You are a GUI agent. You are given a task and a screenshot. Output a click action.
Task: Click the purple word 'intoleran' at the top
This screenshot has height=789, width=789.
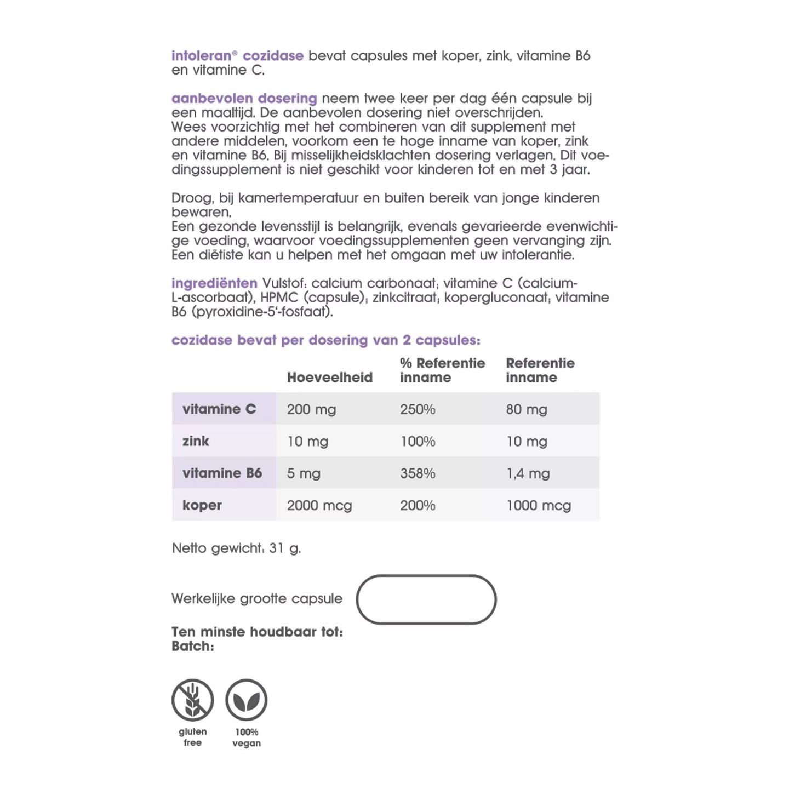click(x=201, y=56)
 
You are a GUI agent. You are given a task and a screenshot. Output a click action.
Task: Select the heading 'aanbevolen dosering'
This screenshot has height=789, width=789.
click(x=244, y=99)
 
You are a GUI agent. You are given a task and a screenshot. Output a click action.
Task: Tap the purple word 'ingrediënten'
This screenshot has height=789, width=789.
click(x=214, y=283)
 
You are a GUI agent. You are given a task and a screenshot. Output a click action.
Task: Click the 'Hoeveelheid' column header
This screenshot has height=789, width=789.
click(x=329, y=378)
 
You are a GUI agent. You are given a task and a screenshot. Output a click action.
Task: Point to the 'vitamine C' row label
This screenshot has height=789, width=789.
click(x=219, y=409)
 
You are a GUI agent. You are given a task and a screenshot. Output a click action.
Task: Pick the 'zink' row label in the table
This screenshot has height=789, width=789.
click(x=196, y=441)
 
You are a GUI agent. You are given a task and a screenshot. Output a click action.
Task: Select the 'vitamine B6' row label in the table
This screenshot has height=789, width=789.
click(x=222, y=473)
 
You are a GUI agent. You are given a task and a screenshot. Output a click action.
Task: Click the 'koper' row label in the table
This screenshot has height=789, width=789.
click(x=202, y=505)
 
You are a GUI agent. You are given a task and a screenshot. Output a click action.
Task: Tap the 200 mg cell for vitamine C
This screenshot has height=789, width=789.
click(x=311, y=409)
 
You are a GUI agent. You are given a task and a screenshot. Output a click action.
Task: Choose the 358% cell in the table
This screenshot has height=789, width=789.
click(x=418, y=473)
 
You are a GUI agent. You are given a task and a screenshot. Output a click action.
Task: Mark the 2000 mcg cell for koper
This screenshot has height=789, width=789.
click(x=319, y=505)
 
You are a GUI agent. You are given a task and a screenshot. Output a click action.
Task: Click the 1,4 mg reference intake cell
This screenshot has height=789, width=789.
click(x=528, y=473)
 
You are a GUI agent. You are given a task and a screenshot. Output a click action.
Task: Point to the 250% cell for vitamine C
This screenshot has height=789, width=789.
click(x=418, y=409)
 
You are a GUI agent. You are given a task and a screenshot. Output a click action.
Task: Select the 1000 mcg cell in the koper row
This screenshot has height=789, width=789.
click(x=538, y=505)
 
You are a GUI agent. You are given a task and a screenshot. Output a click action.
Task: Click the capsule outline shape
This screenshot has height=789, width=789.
click(x=426, y=599)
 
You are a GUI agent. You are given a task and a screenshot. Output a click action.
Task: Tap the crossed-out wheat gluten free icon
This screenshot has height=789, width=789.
click(x=192, y=700)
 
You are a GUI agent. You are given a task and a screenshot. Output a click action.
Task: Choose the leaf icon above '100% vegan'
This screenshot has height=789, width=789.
click(x=247, y=700)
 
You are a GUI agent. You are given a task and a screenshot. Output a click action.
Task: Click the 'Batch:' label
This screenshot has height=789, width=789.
click(x=192, y=647)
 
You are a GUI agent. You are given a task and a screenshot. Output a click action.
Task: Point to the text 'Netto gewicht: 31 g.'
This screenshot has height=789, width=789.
click(x=236, y=548)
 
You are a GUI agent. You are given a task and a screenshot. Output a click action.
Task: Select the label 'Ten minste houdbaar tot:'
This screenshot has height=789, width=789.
click(x=257, y=632)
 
